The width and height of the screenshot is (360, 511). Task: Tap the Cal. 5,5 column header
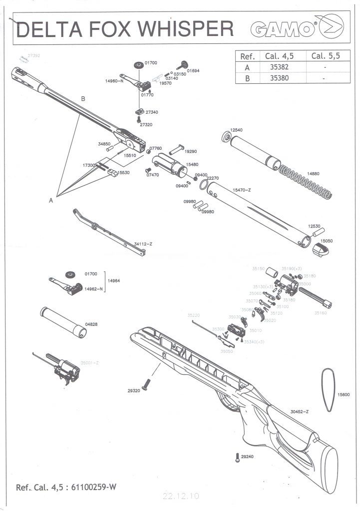(325, 55)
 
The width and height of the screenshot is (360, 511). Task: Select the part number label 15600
(343, 394)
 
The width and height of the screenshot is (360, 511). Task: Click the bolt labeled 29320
(147, 384)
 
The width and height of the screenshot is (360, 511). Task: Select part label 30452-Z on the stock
(300, 412)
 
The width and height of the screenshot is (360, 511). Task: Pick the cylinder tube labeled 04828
(63, 322)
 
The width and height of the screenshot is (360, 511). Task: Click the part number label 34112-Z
(143, 244)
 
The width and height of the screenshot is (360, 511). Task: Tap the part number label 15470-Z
(242, 190)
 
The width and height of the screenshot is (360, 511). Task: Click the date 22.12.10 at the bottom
(181, 496)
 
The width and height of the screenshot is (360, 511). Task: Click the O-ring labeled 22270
(204, 186)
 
